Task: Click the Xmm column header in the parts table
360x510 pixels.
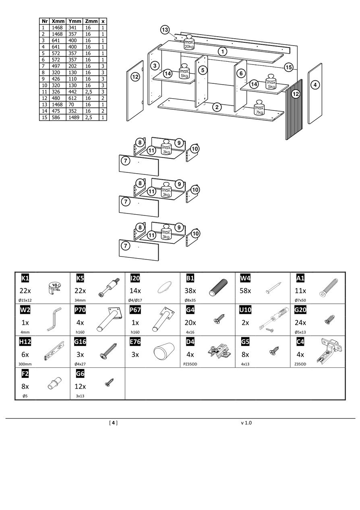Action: pos(58,21)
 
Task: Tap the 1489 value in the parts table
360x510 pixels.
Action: pos(74,117)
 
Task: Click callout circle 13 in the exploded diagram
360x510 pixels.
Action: pos(165,30)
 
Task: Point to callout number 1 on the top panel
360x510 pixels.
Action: pos(223,52)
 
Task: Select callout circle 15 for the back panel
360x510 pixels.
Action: pos(288,67)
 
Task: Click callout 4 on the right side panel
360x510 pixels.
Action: pos(315,85)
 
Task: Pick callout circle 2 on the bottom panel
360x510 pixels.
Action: pos(217,107)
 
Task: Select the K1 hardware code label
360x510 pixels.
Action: pos(25,278)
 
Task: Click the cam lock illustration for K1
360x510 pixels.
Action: pos(54,288)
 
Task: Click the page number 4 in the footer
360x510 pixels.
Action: pos(114,423)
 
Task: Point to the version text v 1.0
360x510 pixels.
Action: pos(246,423)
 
